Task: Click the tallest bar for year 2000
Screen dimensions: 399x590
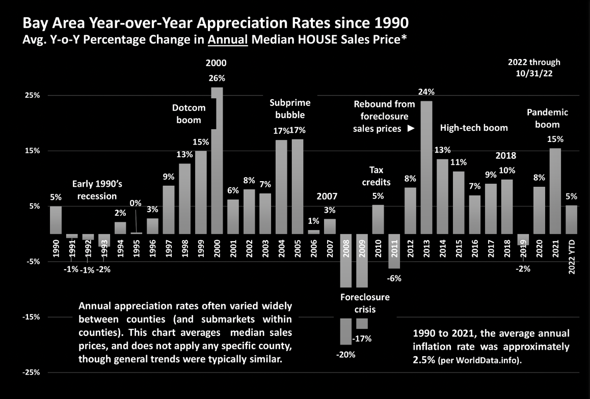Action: point(217,160)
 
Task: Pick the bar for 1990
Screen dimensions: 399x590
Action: point(56,219)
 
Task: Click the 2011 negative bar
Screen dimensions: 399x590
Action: point(394,251)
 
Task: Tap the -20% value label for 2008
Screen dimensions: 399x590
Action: point(346,355)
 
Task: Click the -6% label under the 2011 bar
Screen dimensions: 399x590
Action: point(394,278)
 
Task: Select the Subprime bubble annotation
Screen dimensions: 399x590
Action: point(290,108)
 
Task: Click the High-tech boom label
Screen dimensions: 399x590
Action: point(474,127)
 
